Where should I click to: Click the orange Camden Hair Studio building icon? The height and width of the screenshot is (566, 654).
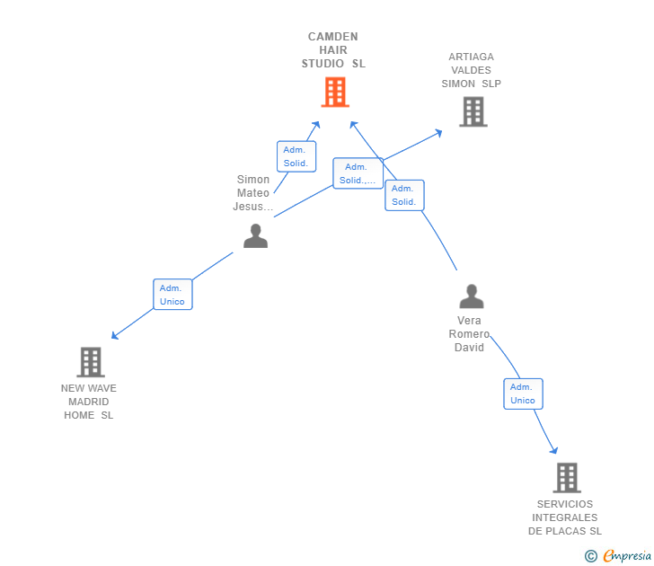[x=334, y=92]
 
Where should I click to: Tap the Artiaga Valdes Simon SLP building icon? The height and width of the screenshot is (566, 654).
[x=473, y=112]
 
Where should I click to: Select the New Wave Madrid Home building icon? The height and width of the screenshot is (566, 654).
[x=91, y=362]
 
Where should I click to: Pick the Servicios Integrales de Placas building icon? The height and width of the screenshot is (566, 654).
[x=566, y=478]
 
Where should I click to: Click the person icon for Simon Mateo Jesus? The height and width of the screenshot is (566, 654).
[x=256, y=236]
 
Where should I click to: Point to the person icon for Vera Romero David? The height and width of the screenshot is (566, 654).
[x=471, y=296]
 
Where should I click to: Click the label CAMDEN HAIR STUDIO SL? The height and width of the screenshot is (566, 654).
[x=333, y=50]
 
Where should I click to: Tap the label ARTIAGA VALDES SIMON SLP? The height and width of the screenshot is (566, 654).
[x=471, y=70]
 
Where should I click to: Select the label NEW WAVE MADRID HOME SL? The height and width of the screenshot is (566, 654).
[x=89, y=402]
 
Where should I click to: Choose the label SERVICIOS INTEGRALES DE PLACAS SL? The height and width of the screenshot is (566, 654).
[x=565, y=517]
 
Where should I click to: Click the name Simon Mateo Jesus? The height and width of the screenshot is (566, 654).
[x=253, y=193]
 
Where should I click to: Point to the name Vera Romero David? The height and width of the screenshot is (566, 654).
[x=469, y=334]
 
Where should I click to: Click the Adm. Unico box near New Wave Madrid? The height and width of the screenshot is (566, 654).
[x=172, y=295]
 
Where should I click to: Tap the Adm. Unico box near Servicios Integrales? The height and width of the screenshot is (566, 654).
[x=523, y=394]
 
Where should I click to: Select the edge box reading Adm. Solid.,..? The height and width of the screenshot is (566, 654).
[x=358, y=173]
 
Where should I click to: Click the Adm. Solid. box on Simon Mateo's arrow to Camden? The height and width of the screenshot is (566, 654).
[x=296, y=156]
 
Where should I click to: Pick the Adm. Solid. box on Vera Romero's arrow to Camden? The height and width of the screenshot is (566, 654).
[x=404, y=195]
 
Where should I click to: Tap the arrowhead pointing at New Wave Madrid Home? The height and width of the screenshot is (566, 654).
[x=114, y=336]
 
